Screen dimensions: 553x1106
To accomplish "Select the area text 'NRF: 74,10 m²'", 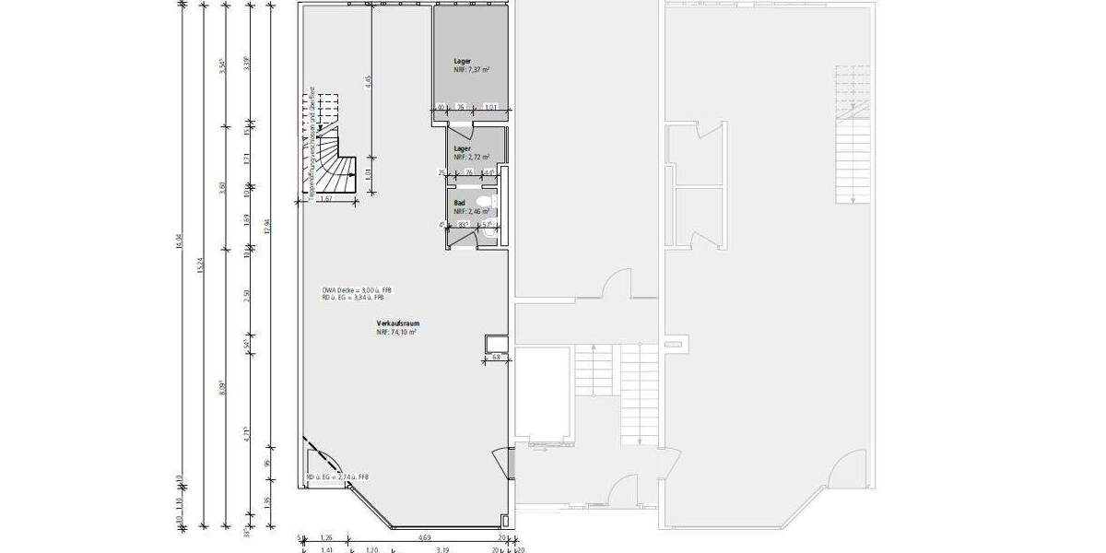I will [x=395, y=332].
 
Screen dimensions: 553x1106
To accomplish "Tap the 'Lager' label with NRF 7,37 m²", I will [x=462, y=61].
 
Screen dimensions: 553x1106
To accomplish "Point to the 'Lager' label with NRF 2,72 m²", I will [x=462, y=148].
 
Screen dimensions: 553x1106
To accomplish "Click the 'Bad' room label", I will [x=459, y=202].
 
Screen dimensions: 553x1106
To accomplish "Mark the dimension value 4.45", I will [x=368, y=81].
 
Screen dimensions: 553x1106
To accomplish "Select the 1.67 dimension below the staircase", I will [x=325, y=198].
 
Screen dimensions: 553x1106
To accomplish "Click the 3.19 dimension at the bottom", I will [x=442, y=549].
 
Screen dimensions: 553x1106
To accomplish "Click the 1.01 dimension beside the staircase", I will [x=368, y=173].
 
